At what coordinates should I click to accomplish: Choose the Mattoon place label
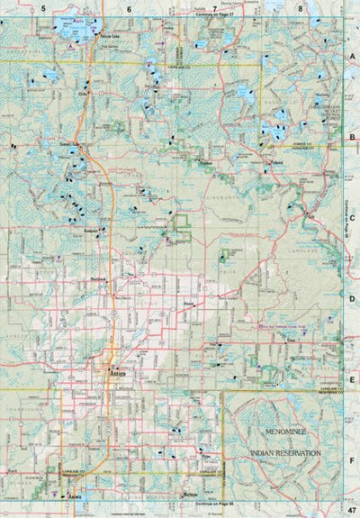point(189,495)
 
